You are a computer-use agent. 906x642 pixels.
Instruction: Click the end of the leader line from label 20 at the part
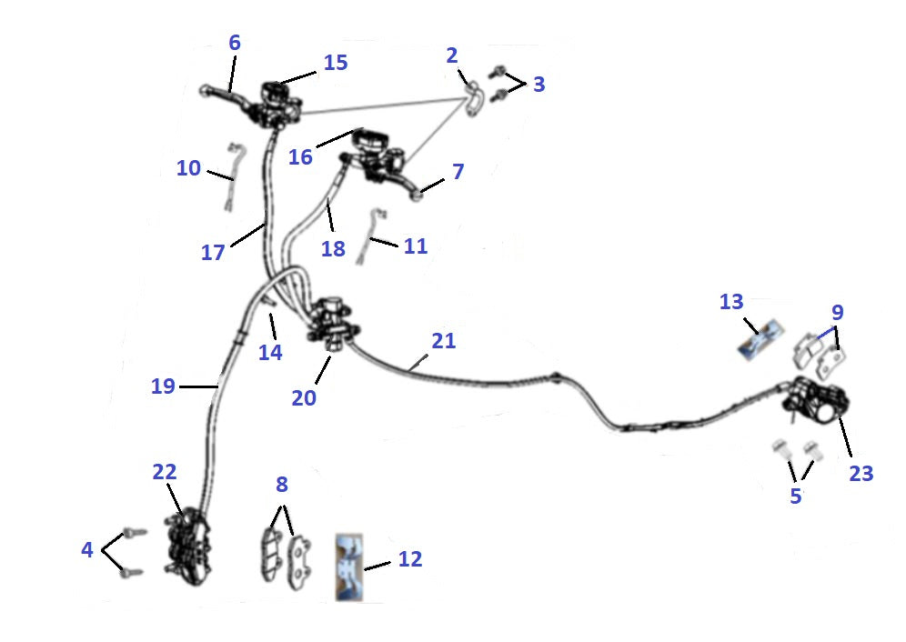click(330, 356)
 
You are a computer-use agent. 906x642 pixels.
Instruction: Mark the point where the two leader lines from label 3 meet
click(525, 85)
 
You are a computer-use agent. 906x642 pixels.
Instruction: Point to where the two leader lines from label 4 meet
click(102, 550)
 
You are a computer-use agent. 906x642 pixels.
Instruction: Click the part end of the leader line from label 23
click(838, 416)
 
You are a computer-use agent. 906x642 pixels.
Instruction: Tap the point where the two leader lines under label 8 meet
click(283, 507)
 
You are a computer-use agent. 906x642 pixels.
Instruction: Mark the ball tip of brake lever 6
click(204, 90)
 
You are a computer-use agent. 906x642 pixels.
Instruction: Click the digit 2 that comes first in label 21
click(438, 341)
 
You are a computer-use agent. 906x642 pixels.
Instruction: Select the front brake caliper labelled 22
click(186, 547)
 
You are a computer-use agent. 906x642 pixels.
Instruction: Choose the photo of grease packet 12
click(349, 567)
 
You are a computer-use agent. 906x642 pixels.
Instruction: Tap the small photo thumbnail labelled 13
click(761, 342)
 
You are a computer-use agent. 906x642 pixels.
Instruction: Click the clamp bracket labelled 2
click(473, 99)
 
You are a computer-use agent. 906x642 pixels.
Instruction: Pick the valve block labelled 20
click(332, 324)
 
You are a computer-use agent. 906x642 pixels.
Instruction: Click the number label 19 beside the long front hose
click(163, 386)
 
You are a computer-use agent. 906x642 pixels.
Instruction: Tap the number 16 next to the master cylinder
click(300, 156)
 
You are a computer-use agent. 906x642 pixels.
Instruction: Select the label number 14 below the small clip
click(270, 352)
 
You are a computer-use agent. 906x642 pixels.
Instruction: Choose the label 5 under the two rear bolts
click(796, 496)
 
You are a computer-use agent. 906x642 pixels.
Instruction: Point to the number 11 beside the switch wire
click(416, 246)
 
